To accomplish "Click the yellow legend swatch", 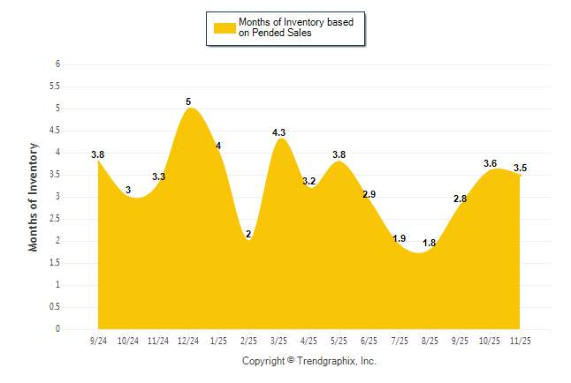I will pyautogui.click(x=225, y=27).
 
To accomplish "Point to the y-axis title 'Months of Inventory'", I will pyautogui.click(x=34, y=197).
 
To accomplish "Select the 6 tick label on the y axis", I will pyautogui.click(x=57, y=64).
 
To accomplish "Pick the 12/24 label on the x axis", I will pyautogui.click(x=188, y=340).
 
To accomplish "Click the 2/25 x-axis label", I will pyautogui.click(x=248, y=340).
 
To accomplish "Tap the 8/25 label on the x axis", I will pyautogui.click(x=430, y=340).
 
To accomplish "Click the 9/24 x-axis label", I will pyautogui.click(x=98, y=340).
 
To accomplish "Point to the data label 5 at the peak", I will pyautogui.click(x=188, y=101).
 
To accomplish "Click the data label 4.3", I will pyautogui.click(x=278, y=132).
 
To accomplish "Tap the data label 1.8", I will pyautogui.click(x=430, y=243).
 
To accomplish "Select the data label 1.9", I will pyautogui.click(x=400, y=238).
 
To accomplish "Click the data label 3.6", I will pyautogui.click(x=490, y=163).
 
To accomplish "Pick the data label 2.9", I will pyautogui.click(x=369, y=194).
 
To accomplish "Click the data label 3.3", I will pyautogui.click(x=158, y=176).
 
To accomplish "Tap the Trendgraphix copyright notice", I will pyautogui.click(x=309, y=361).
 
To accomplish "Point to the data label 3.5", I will pyautogui.click(x=521, y=168).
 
